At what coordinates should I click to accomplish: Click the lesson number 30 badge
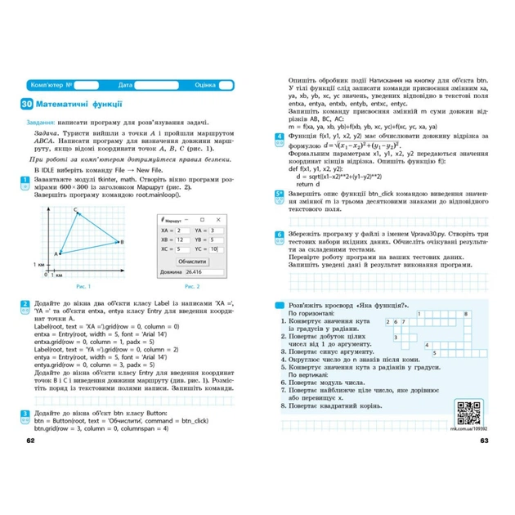[28, 104]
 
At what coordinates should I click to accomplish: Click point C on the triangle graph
[77, 190]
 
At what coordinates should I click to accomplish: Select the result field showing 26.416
[204, 271]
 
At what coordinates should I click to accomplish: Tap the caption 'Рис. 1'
[83, 286]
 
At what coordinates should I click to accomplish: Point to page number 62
[30, 442]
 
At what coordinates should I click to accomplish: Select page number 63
[483, 442]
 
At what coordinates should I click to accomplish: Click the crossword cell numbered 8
[464, 314]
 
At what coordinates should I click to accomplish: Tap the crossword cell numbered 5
[435, 353]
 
